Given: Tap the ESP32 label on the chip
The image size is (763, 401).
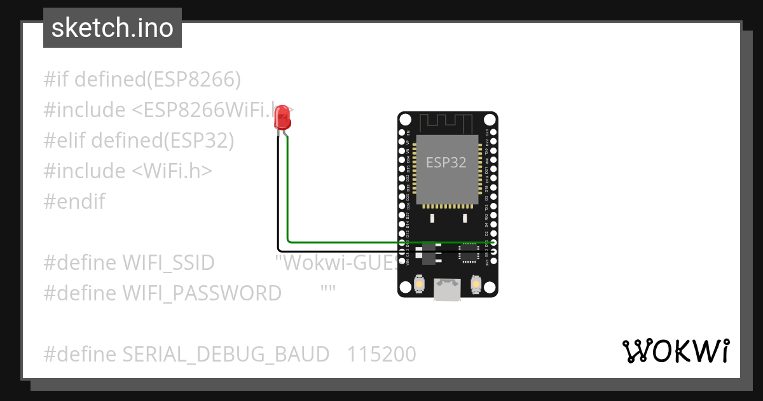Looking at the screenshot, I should pyautogui.click(x=446, y=162).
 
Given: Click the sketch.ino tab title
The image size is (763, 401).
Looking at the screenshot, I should pyautogui.click(x=113, y=28).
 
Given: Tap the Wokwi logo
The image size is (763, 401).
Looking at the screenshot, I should pyautogui.click(x=675, y=351).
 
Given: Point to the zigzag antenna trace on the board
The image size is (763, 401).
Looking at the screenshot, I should pyautogui.click(x=448, y=122).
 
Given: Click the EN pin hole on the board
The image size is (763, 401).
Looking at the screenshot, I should pyautogui.click(x=402, y=134).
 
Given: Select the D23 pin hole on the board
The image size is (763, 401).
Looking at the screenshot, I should pyautogui.click(x=493, y=134).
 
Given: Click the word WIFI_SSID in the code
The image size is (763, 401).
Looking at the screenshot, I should pyautogui.click(x=168, y=262).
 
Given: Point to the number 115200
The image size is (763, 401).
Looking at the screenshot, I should pyautogui.click(x=381, y=354).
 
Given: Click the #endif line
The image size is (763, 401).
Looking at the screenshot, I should pyautogui.click(x=74, y=202).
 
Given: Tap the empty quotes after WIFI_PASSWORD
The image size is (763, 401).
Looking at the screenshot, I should pyautogui.click(x=328, y=291).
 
